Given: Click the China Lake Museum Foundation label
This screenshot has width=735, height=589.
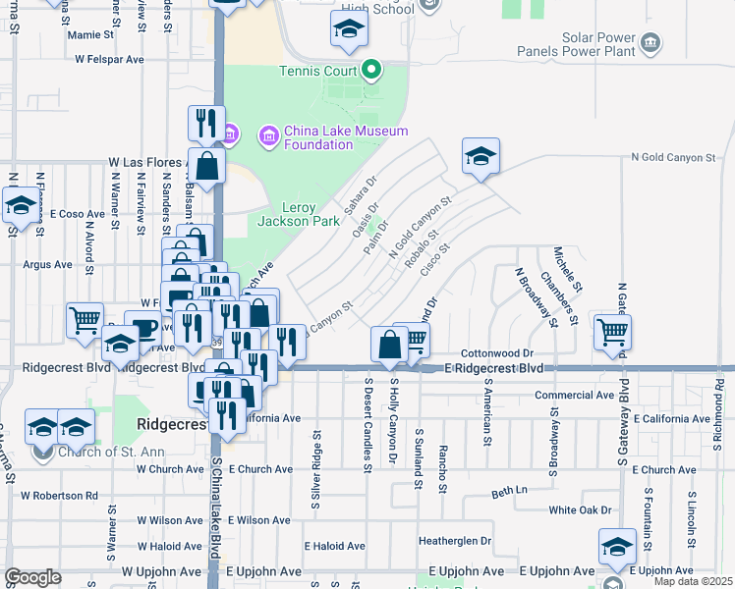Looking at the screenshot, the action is coord(317,138).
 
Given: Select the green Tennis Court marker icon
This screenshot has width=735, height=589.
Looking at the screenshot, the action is coord(370,70).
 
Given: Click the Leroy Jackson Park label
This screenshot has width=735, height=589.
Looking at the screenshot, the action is coord(297,214).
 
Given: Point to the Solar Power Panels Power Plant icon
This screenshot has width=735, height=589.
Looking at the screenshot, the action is coord(650,43).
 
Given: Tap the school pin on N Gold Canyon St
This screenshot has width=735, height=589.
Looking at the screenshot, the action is coord(481,156).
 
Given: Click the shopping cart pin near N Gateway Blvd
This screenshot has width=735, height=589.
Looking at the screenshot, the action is coord(612,334).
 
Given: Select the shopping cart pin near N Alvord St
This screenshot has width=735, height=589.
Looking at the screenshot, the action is coord(85,319).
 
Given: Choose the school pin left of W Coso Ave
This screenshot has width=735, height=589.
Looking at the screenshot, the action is coord(20,206).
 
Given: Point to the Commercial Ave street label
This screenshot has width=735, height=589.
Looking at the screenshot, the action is coord(574,396).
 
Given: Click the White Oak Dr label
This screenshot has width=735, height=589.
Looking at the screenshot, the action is coord(580,510).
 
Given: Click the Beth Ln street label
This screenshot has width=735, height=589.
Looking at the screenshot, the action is coord(510,490).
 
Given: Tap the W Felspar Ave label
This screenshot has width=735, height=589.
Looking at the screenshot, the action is coord(110,59).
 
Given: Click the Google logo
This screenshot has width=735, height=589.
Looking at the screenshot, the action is coord(32,577).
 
